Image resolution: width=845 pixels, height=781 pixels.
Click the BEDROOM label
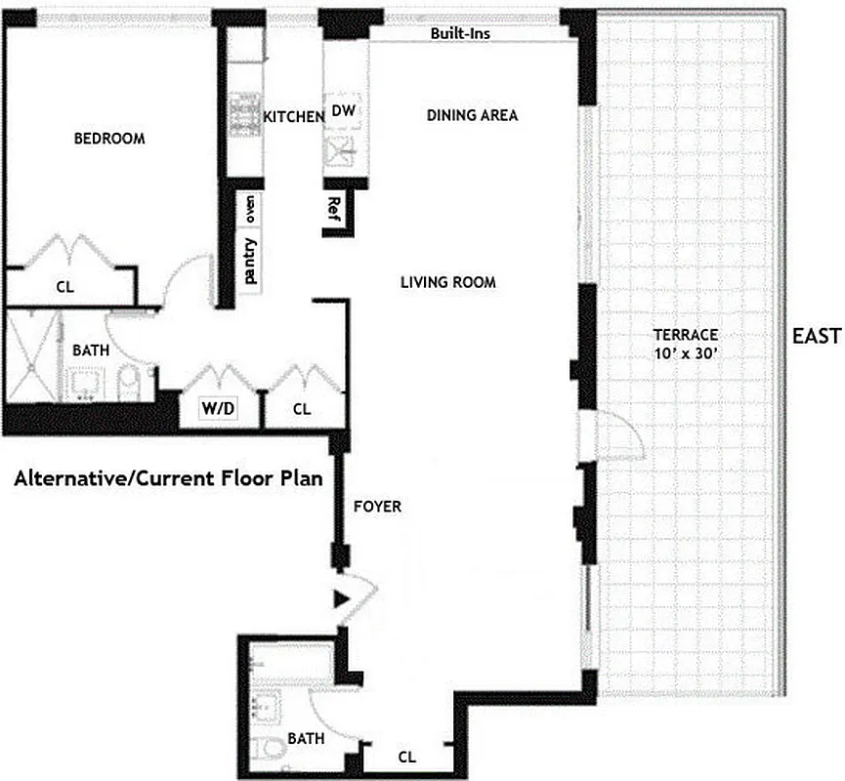[x=109, y=139]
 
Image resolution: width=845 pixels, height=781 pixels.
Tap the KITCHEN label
[x=294, y=117]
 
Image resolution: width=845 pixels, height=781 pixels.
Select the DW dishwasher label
[x=343, y=111]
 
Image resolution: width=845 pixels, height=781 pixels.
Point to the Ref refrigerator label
[x=334, y=207]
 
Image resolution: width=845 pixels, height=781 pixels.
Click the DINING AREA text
[x=472, y=115]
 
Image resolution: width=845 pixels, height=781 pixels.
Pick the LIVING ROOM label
[x=448, y=283]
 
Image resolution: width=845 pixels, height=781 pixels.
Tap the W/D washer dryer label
[x=218, y=409]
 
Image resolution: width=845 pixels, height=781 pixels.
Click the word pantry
[x=251, y=261]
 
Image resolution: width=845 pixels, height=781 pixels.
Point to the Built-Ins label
[x=460, y=33]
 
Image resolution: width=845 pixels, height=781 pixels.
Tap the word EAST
[x=816, y=337]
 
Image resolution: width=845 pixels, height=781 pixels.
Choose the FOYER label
[x=377, y=507]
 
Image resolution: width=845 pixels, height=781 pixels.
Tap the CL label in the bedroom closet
[x=64, y=288]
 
